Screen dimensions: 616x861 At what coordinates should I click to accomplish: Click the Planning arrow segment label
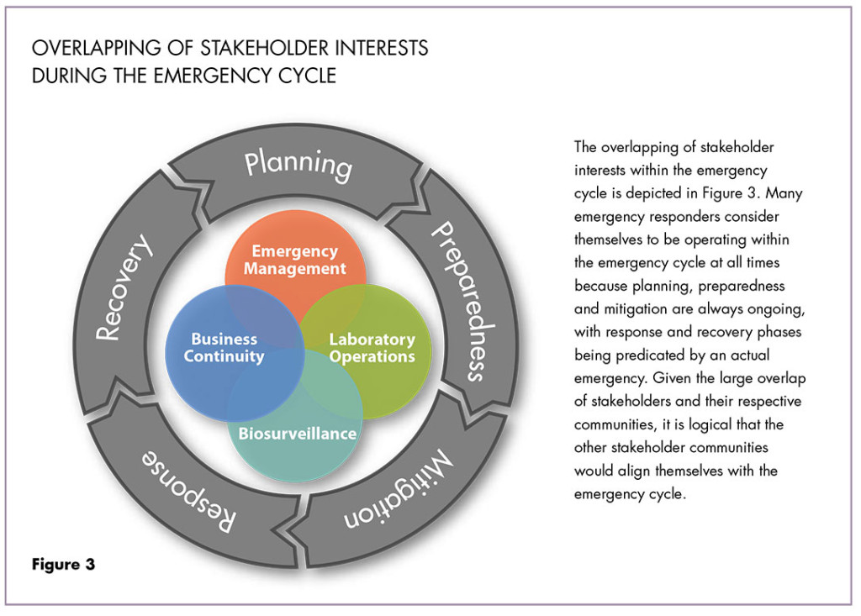pos(298,164)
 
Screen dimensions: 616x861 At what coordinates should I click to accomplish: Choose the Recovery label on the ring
pos(124,289)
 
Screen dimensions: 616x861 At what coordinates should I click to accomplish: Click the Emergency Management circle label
pos(294,261)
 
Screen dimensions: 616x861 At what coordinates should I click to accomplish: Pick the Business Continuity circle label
pos(224,348)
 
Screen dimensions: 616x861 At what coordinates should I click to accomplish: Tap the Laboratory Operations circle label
pos(372,348)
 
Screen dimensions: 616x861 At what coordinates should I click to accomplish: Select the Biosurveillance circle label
pos(297,434)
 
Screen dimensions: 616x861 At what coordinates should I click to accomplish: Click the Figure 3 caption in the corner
pos(64,565)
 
